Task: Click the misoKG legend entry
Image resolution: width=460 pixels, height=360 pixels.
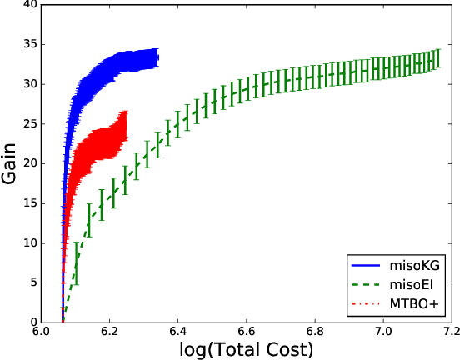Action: pos(413,265)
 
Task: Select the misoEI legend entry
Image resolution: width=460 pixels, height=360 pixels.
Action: pos(412,285)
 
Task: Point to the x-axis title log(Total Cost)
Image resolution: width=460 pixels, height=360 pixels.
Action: pos(246,349)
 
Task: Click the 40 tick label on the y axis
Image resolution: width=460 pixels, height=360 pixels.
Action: pos(31,5)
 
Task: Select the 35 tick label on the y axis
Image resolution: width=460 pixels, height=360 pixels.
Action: pos(31,44)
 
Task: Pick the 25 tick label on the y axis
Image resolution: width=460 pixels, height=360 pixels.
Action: pos(31,123)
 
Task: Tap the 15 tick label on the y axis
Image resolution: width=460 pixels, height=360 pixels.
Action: pos(31,203)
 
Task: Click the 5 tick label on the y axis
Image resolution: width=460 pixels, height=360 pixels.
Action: pos(34,282)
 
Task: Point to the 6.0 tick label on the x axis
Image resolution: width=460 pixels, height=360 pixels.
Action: pos(41,332)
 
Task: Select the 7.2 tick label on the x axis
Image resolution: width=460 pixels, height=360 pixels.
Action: pos(450,332)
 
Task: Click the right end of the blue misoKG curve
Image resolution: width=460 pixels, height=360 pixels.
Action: pos(157,57)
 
